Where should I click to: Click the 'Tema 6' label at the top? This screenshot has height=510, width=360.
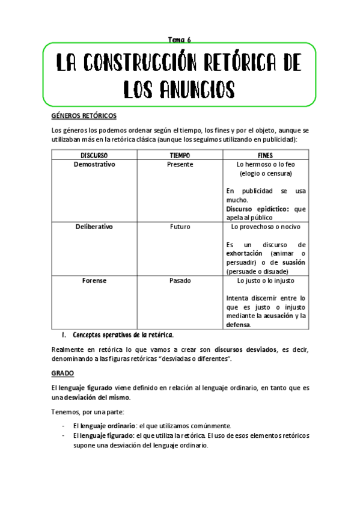(179, 40)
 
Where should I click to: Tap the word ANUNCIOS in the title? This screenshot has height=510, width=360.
(198, 90)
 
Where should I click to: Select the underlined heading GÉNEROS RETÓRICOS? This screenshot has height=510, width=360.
(84, 116)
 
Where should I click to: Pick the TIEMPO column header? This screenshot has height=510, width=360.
(180, 155)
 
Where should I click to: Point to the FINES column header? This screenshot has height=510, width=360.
(265, 155)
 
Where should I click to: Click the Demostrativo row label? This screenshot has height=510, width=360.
(94, 164)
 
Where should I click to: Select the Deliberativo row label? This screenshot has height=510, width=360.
(94, 227)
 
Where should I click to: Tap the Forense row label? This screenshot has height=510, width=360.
(94, 280)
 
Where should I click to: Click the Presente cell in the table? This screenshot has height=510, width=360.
(180, 164)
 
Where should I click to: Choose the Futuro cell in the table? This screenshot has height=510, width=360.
(180, 227)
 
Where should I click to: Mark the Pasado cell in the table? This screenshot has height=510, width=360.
(180, 280)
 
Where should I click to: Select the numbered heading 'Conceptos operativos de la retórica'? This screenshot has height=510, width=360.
(123, 334)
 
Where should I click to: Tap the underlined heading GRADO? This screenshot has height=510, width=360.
(62, 373)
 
